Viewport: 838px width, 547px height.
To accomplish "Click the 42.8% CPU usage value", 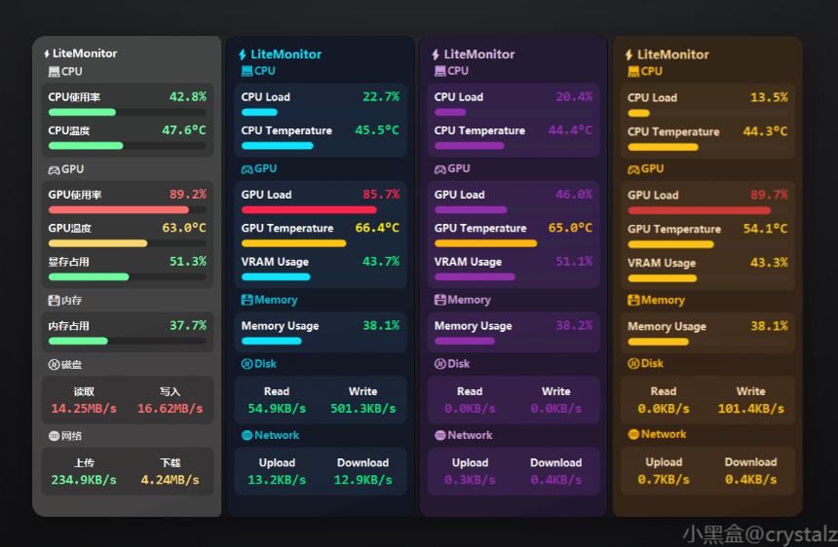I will (187, 97).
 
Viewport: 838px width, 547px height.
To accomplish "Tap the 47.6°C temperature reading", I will (184, 130).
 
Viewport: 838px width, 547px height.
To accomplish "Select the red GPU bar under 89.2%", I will (118, 209).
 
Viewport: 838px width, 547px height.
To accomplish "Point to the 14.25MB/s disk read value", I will (84, 409).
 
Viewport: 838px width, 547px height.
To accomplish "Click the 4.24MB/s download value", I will (171, 480).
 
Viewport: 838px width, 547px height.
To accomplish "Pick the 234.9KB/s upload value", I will (84, 480).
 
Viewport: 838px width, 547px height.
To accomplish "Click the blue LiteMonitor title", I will (286, 55).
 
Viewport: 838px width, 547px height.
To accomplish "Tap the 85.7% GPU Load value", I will (380, 195).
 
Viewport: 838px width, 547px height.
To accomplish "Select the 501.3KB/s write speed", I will (362, 409).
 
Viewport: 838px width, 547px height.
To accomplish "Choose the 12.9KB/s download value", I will (362, 480).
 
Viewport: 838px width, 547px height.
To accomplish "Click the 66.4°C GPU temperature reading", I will (377, 228).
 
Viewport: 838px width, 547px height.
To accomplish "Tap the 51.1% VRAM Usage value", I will (574, 262).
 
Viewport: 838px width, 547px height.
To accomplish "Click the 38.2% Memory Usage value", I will (574, 326).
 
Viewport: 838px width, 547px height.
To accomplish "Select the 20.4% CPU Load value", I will (574, 97).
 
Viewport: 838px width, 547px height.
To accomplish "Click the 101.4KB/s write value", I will (750, 409).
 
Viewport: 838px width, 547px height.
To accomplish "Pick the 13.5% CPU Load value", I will (769, 97).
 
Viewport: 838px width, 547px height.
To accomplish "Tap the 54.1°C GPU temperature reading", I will (766, 229).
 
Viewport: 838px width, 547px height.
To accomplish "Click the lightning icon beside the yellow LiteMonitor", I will (629, 55).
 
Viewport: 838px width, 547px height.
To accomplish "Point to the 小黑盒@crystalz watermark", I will (759, 533).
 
